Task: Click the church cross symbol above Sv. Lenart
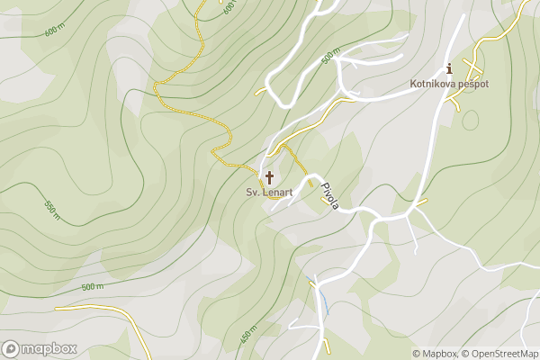[x=269, y=177]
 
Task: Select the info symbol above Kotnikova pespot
[x=449, y=68]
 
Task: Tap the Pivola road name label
[x=330, y=197]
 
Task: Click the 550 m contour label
[x=51, y=209]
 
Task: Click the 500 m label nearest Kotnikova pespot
[x=330, y=58]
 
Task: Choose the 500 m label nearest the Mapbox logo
[x=93, y=287]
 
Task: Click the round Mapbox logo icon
[x=11, y=349]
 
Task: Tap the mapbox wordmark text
[x=49, y=349]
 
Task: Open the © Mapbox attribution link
[x=434, y=354]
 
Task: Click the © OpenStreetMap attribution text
[x=499, y=354]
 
